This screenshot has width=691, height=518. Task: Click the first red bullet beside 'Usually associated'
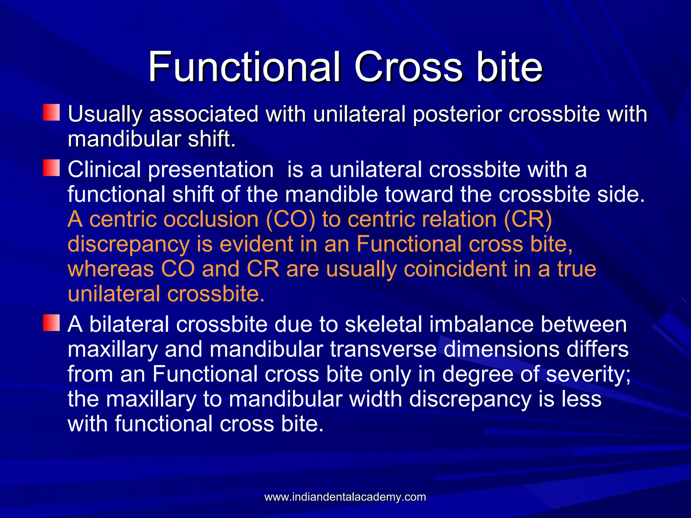pos(51,113)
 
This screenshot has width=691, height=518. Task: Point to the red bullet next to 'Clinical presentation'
pos(51,168)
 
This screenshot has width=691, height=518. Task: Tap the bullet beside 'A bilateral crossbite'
pos(51,323)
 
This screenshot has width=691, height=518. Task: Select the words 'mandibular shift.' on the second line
pos(151,139)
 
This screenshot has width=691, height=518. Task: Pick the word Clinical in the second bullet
pos(104,169)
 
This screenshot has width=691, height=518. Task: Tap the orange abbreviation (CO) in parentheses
pos(291,219)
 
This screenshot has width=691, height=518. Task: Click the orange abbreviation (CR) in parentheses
pos(528,219)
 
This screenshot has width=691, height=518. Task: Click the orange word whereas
pos(111,269)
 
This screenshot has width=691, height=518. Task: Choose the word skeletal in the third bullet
pos(383,324)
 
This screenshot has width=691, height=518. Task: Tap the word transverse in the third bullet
pos(383,349)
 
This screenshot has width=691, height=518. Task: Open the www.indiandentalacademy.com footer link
pos(345,497)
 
